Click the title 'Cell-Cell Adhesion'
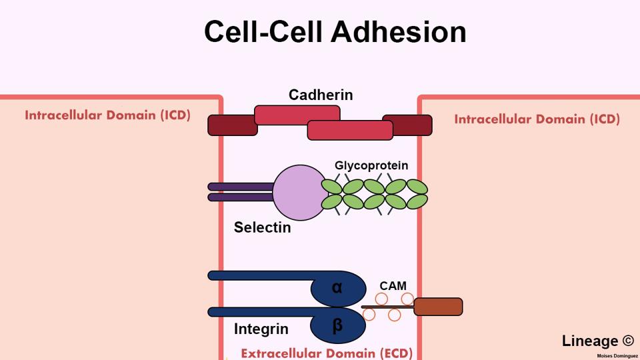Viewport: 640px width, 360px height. pos(335,32)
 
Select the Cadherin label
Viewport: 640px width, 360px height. pos(321,95)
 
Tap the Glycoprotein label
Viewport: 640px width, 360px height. pos(371,165)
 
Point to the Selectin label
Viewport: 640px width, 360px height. pos(262,228)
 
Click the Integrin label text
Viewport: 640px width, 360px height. pos(261,329)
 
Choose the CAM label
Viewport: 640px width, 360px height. pos(393,286)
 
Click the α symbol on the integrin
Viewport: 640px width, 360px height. pos(337,287)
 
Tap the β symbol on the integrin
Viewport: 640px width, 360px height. pos(337,325)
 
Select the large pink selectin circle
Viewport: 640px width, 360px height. pos(298,193)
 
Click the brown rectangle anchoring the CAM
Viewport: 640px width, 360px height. pos(438,307)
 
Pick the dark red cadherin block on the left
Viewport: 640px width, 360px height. pos(231,125)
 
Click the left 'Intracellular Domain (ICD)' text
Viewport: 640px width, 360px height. pos(107,115)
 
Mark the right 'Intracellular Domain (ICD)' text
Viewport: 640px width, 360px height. pos(537,119)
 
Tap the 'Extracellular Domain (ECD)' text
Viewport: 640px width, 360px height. pos(327,353)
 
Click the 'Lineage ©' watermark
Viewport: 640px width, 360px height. pos(597,341)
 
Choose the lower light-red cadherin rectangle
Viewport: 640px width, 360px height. pos(349,131)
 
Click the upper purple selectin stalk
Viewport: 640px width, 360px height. pos(241,187)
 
